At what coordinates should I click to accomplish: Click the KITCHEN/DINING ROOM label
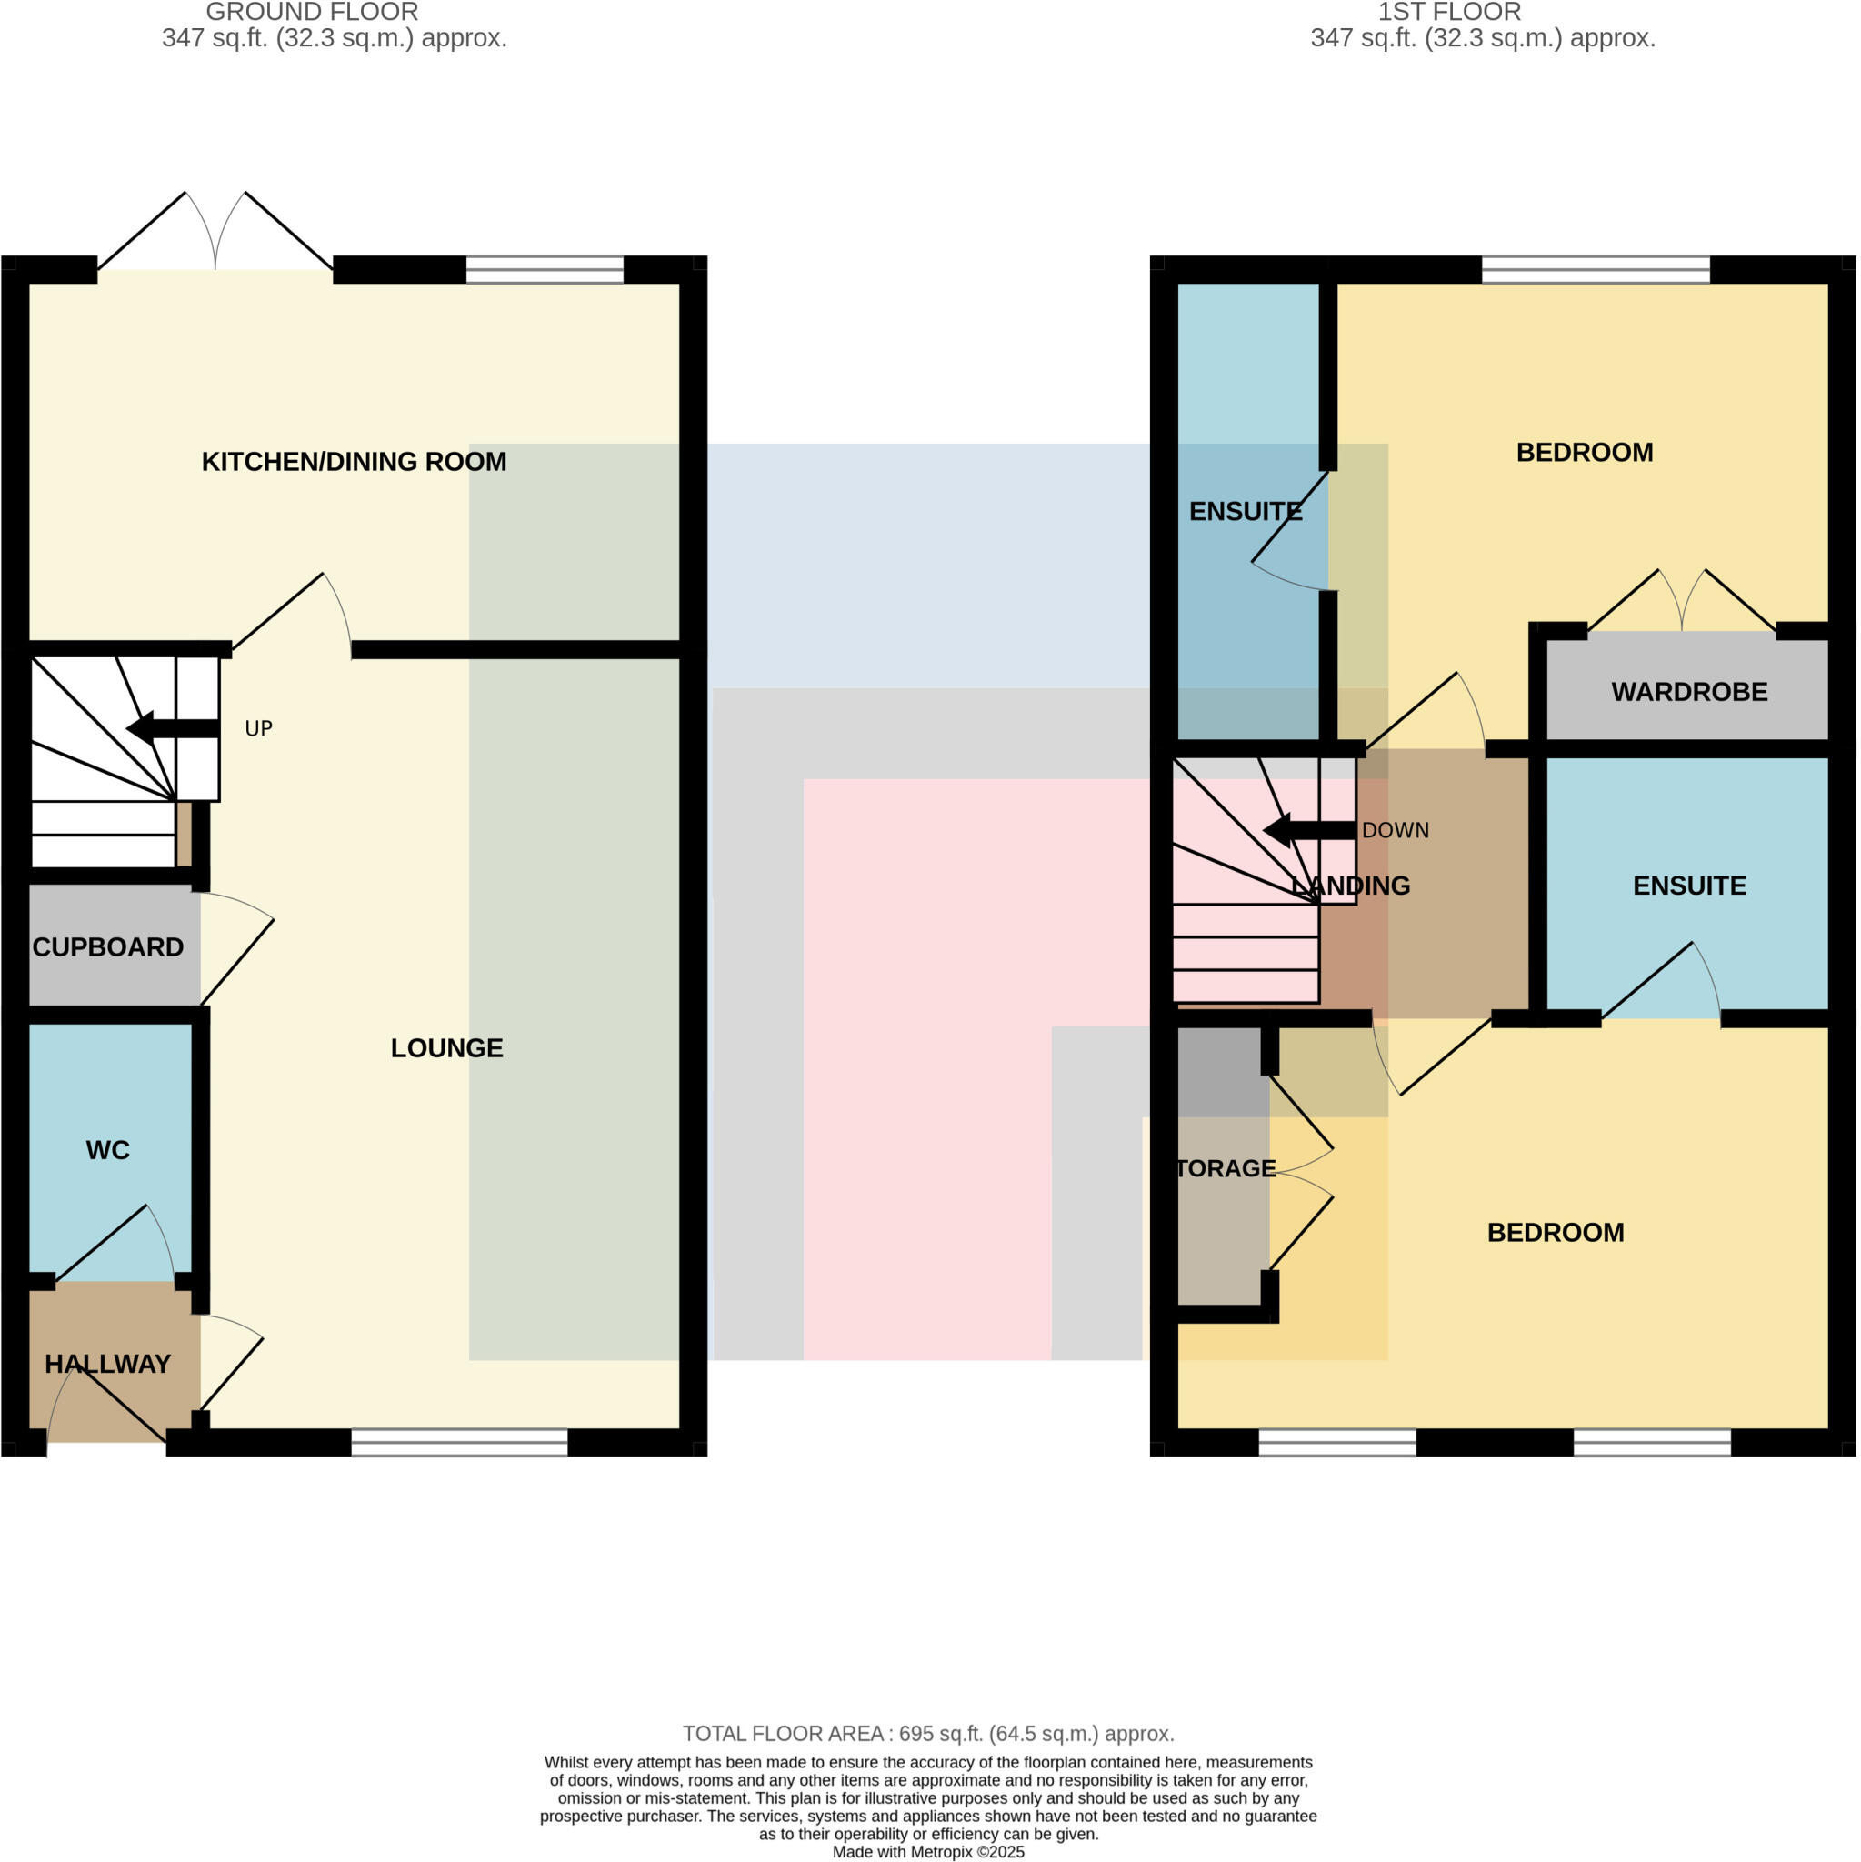tap(354, 462)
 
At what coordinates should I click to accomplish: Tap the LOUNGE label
tap(446, 1048)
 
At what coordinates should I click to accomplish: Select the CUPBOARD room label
tap(108, 947)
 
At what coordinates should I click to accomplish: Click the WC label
tap(108, 1150)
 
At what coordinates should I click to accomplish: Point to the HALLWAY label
tap(108, 1364)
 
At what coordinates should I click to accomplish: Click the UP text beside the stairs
tap(258, 728)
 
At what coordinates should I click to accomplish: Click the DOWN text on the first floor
tap(1395, 831)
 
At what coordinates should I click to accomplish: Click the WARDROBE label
tap(1688, 692)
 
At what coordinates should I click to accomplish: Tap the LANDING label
tap(1350, 886)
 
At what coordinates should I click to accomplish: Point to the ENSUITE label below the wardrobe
tap(1688, 886)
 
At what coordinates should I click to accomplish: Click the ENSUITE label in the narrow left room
tap(1246, 512)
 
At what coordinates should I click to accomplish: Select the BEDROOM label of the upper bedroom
tap(1585, 452)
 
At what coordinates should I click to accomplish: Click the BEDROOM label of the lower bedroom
tap(1556, 1233)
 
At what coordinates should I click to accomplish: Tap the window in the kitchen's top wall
tap(545, 270)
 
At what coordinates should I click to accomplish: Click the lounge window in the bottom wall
tap(459, 1443)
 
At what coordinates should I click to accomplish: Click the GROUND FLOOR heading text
tap(312, 13)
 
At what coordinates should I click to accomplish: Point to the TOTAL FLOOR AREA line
tap(928, 1734)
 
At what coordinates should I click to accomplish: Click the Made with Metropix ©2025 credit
tap(928, 1851)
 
